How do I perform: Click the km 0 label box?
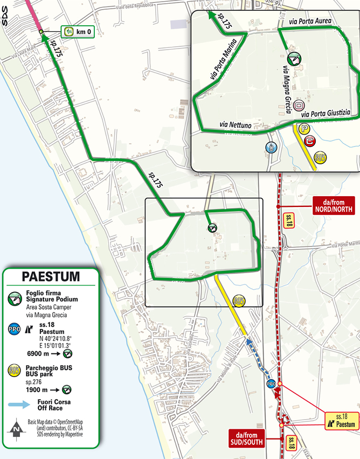click(78, 32)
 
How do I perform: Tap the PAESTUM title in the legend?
click(51, 277)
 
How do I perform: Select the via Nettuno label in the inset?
click(236, 125)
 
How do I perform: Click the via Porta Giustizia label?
click(326, 114)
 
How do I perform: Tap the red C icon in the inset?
click(309, 141)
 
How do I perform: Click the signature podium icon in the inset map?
click(294, 58)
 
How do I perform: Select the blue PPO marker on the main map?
click(272, 384)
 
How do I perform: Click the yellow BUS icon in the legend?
click(15, 371)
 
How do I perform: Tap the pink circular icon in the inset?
click(300, 107)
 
